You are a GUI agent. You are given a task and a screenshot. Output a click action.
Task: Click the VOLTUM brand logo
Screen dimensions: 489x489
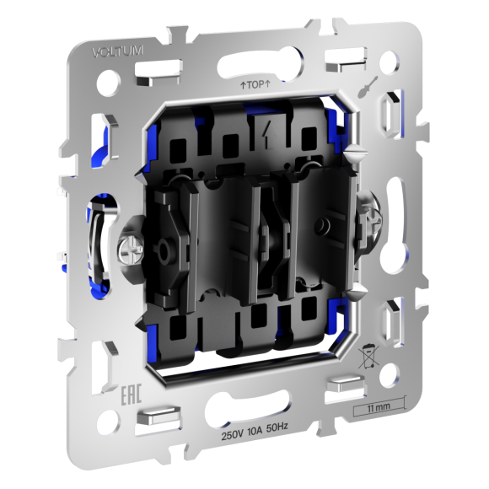(x=117, y=51)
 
